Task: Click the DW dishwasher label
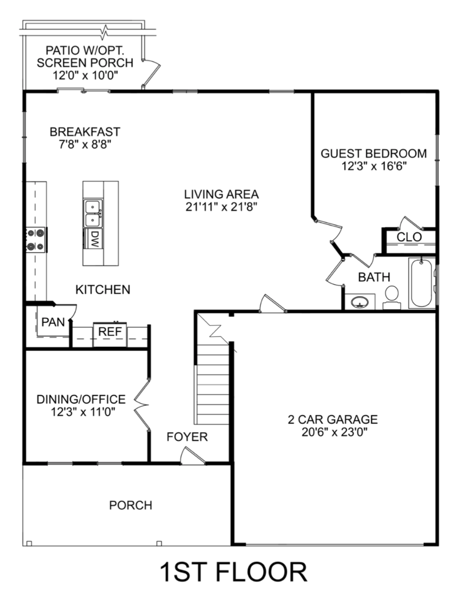94,239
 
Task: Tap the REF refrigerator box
110,335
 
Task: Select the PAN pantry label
53,322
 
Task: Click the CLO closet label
409,237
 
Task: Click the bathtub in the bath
421,283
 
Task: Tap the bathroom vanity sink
360,302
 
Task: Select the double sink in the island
93,213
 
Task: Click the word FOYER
187,437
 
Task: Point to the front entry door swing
192,456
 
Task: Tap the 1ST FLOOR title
233,571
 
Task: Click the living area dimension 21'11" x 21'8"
222,207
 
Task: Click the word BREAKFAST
85,132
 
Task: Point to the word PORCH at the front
131,505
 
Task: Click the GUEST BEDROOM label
373,153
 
